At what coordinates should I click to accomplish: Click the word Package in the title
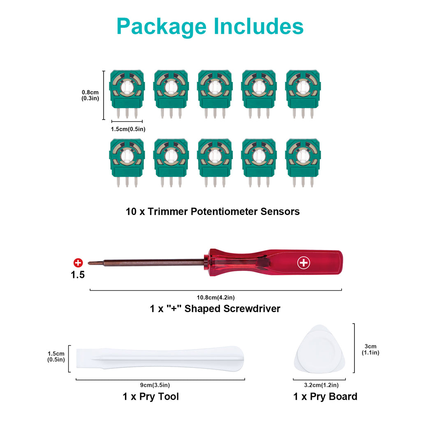(162, 27)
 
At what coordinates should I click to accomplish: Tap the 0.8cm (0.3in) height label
(90, 95)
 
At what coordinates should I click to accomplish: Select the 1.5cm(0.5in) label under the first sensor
(128, 129)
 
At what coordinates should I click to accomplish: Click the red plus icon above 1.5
(78, 263)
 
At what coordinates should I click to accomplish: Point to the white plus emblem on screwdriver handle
(304, 263)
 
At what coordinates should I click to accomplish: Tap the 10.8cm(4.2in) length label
(215, 298)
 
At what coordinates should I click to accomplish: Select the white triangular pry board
(320, 349)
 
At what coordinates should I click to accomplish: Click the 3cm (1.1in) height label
(370, 349)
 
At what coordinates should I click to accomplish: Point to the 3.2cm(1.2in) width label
(321, 385)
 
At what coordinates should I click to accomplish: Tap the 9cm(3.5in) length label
(155, 385)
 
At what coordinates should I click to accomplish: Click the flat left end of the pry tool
(77, 359)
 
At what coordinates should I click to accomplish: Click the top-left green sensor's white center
(127, 87)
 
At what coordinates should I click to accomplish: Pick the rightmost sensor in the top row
(303, 94)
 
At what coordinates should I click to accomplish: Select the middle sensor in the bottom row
(215, 163)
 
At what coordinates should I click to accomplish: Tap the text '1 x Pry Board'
(325, 397)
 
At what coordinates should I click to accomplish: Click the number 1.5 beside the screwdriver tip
(78, 275)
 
